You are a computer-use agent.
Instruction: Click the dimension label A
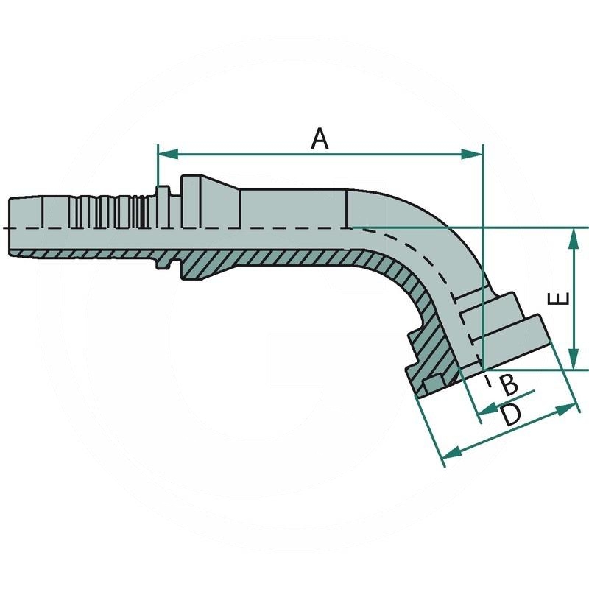[x=319, y=138]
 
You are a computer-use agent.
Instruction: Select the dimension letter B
[x=509, y=384]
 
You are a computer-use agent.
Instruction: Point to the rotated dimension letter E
[x=561, y=298]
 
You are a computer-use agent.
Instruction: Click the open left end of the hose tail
[x=10, y=227]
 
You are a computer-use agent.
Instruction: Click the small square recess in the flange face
[x=431, y=384]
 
